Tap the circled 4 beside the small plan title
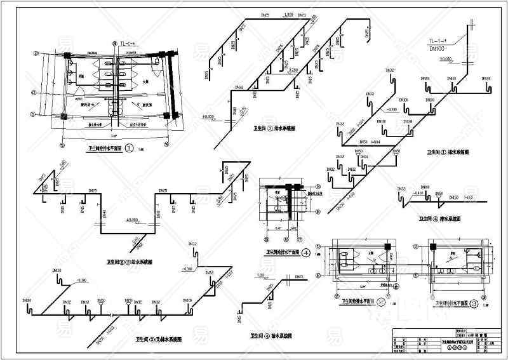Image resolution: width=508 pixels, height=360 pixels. [305, 251]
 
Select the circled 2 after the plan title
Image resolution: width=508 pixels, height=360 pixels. [381, 303]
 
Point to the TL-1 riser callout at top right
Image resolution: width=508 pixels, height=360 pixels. [438, 41]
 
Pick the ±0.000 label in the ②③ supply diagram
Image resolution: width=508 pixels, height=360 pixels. [132, 220]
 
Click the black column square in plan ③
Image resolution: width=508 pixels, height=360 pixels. [432, 247]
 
